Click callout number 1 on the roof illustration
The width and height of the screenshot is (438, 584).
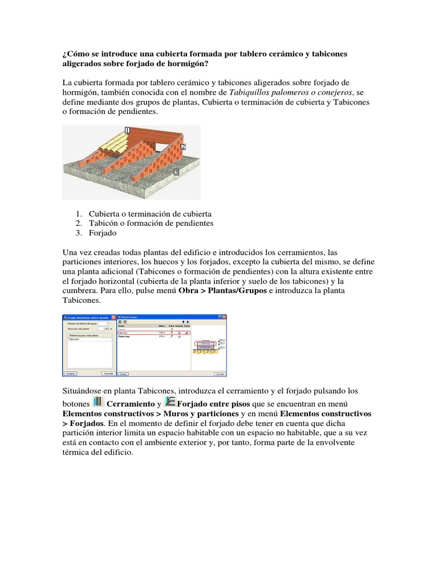pos(127,131)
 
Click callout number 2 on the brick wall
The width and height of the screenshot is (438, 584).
pos(183,147)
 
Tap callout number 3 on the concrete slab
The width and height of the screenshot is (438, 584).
pos(176,171)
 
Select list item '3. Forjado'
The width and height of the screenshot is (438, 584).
pos(103,233)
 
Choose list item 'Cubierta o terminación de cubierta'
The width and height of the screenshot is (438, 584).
pos(150,213)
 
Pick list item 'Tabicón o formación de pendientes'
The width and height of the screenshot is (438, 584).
pos(151,223)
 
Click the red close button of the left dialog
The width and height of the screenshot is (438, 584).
pos(113,317)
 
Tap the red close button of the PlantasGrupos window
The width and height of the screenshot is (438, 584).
pos(223,317)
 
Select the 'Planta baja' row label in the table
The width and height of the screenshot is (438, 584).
pos(125,337)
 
